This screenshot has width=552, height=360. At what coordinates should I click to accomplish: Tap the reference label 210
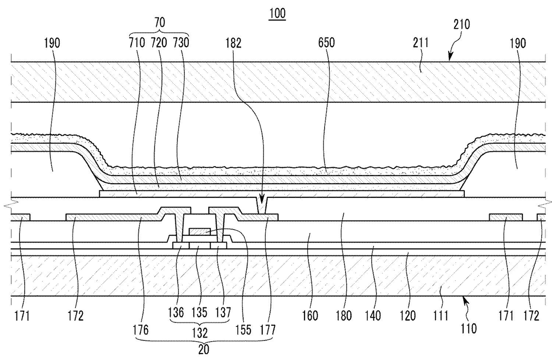point(461,25)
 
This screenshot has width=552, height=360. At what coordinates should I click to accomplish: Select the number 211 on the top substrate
point(420,43)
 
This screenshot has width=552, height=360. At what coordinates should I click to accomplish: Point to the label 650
point(326,43)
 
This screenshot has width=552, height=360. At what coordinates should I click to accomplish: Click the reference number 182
point(233,43)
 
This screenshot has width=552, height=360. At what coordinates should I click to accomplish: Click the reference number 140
point(373,316)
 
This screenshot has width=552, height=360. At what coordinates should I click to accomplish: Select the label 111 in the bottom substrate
point(440,316)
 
